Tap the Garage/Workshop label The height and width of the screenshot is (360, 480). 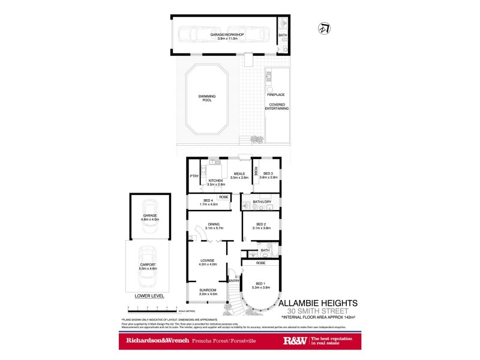(227, 35)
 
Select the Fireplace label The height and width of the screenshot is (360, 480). (275, 94)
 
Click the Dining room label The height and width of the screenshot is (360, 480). (214, 226)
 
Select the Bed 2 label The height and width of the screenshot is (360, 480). (260, 226)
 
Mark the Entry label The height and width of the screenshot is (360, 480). (234, 280)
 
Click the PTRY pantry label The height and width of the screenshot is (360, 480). (194, 176)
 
